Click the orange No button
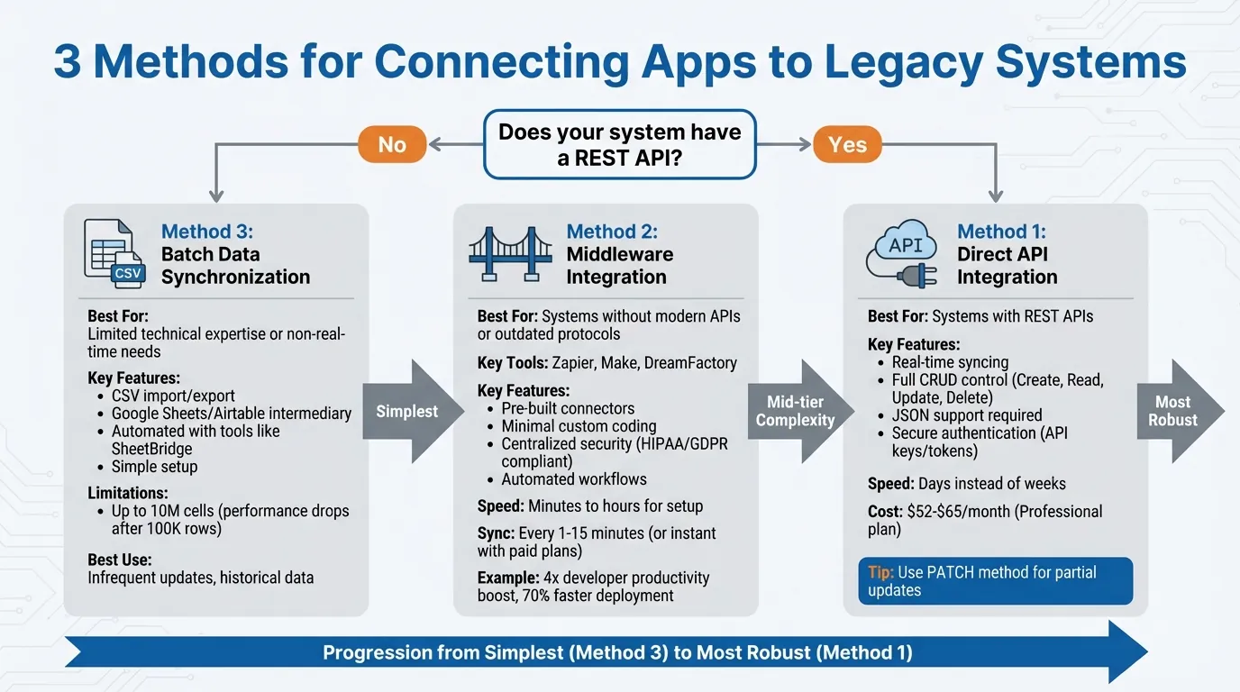click(392, 144)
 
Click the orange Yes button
click(847, 144)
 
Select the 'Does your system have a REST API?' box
click(620, 144)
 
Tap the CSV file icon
click(112, 252)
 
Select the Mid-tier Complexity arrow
click(798, 411)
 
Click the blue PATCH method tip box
click(995, 580)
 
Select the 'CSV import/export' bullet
click(173, 396)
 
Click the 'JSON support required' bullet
click(966, 415)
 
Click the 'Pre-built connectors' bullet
click(568, 408)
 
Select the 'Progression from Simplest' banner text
click(617, 652)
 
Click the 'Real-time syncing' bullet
click(950, 362)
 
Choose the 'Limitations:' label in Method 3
click(128, 493)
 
